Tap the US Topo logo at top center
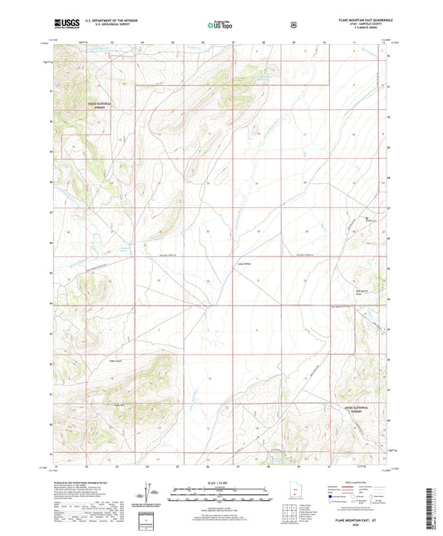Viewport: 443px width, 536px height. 220,26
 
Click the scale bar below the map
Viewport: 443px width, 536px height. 221,491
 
